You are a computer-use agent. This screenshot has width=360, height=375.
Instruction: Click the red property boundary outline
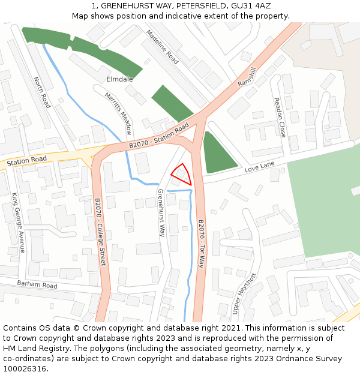[181, 174]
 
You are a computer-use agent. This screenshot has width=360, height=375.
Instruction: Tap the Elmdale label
[119, 79]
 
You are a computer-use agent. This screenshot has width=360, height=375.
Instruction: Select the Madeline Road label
[163, 47]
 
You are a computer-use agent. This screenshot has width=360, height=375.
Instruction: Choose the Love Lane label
[259, 167]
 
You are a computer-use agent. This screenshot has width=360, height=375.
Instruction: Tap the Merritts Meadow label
[118, 113]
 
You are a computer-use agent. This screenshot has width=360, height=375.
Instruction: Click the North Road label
[42, 92]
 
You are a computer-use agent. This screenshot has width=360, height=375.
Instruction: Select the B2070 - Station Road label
[159, 137]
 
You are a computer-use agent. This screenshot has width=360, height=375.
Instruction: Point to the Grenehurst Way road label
[161, 213]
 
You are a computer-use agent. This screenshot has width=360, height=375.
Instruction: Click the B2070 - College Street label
[100, 232]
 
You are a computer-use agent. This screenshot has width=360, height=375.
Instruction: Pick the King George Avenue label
[18, 223]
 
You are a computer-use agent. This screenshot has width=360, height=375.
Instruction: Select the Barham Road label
[37, 284]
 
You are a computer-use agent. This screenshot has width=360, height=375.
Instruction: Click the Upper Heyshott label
[244, 293]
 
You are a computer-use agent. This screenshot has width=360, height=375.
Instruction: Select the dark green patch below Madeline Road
[172, 103]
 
